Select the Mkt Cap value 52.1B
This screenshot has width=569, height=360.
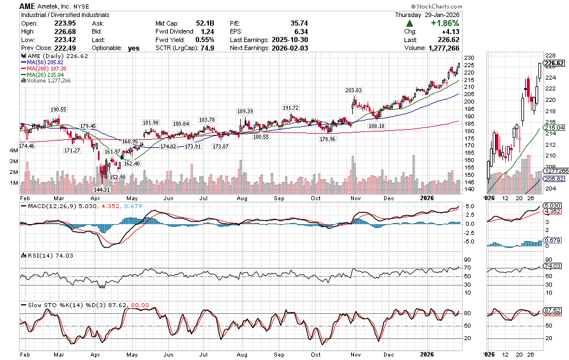tap(203, 23)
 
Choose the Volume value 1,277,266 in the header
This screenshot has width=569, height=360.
tap(439, 48)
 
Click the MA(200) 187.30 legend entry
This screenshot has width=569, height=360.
tap(46, 68)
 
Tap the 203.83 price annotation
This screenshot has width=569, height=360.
tap(353, 90)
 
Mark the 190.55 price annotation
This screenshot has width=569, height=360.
tap(59, 109)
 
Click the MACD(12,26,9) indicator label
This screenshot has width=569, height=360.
tap(47, 206)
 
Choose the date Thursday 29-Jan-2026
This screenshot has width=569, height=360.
tap(427, 15)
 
